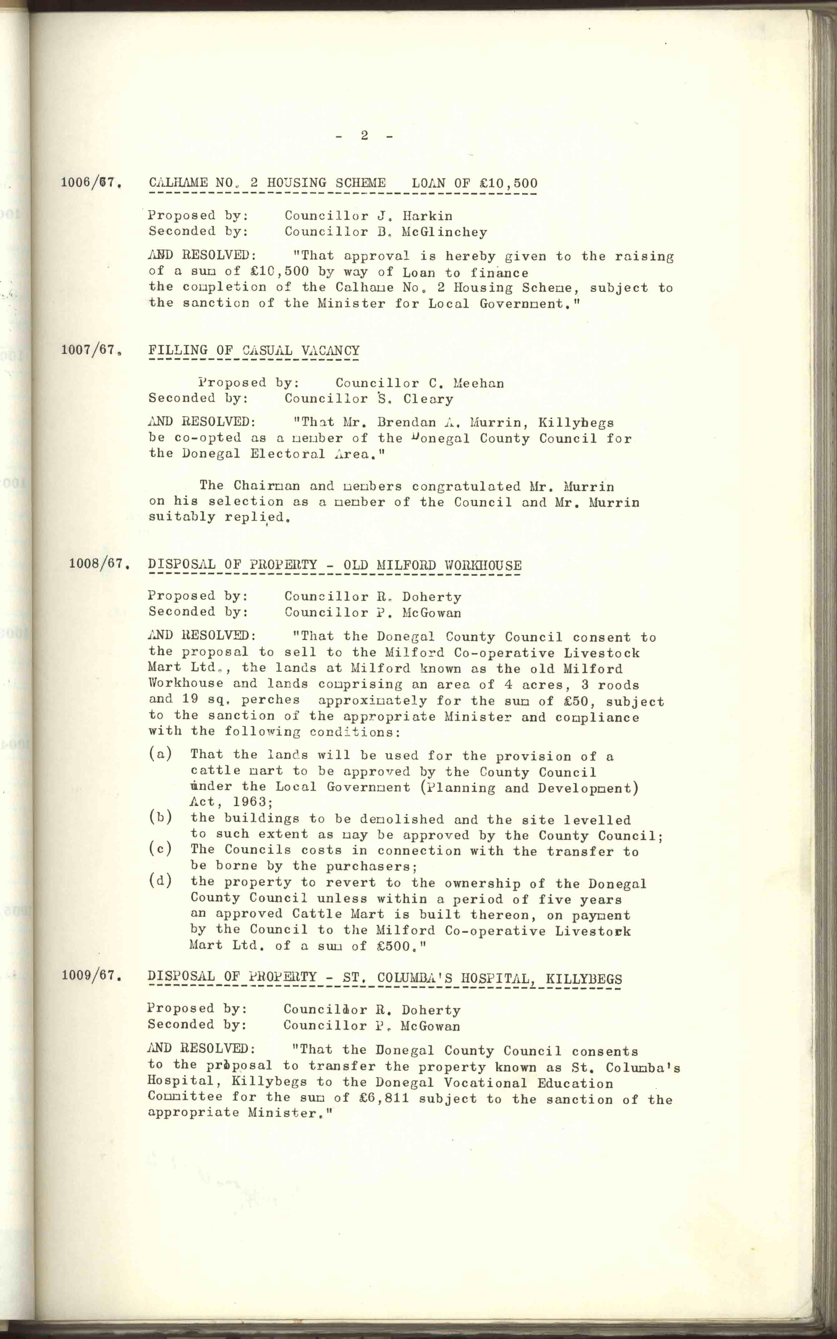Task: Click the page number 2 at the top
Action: (x=364, y=135)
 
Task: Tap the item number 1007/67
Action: (x=91, y=350)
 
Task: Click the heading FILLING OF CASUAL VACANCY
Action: (x=254, y=350)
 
